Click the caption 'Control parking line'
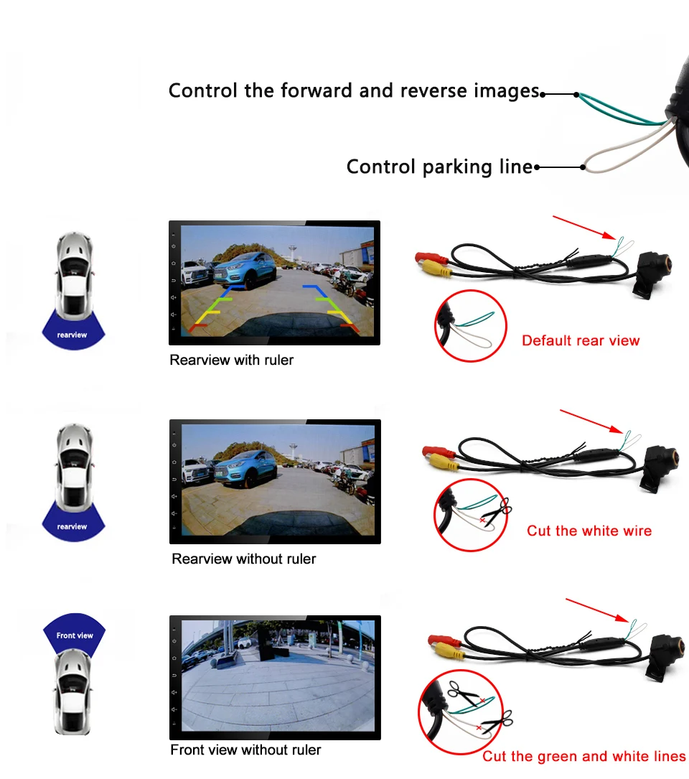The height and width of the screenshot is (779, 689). point(439,167)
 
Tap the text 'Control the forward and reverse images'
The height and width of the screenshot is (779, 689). point(353,91)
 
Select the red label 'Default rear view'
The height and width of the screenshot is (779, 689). point(581,340)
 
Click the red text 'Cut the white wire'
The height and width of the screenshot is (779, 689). point(589,531)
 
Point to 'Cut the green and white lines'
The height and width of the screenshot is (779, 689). point(583,756)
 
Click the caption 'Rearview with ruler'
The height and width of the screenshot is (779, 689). point(231,360)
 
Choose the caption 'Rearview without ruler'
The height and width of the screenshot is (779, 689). point(243,559)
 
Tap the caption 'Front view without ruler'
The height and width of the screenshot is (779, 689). point(245,750)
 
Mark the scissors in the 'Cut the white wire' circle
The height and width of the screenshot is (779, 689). point(497,513)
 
